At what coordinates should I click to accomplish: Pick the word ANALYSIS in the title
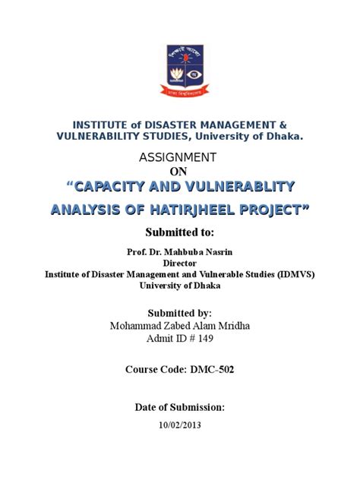tap(82, 210)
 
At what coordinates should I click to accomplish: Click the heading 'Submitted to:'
tap(179, 232)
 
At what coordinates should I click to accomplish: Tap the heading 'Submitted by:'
tap(179, 313)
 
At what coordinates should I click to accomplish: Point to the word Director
tap(180, 263)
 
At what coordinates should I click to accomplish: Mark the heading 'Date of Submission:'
tap(180, 407)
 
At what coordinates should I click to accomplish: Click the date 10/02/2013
tap(180, 425)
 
